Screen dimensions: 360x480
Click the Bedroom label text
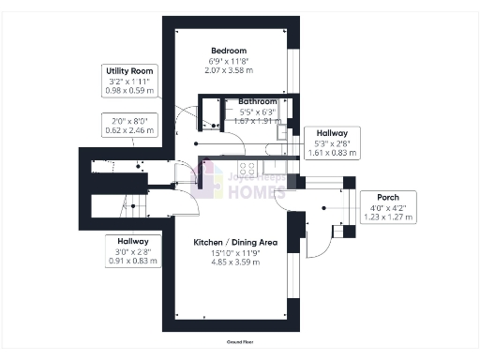[x=229, y=50]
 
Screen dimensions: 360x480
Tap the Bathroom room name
[x=256, y=100]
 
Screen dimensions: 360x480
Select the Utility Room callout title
[x=129, y=70]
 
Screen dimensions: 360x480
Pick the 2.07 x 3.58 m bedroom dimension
[x=229, y=71]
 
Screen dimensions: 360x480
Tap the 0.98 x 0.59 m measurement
[x=129, y=91]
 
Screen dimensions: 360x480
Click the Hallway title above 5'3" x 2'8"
[x=332, y=133]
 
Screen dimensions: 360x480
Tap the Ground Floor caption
[x=239, y=345]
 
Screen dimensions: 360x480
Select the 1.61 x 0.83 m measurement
[x=332, y=153]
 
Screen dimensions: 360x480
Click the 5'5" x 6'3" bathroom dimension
[x=256, y=111]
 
